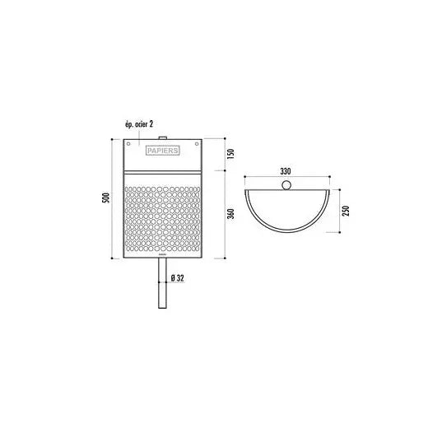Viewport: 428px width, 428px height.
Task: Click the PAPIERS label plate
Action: pos(162,151)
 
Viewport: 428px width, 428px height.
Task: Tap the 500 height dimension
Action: pos(106,198)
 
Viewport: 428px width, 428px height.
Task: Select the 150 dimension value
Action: pos(231,154)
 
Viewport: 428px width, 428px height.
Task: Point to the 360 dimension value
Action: pos(231,214)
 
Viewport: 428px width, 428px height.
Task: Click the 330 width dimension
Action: pos(286,171)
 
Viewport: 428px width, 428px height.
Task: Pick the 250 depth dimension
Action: pos(346,211)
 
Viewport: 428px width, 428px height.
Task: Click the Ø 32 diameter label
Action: pos(178,278)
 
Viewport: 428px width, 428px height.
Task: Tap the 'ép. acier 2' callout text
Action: pos(139,124)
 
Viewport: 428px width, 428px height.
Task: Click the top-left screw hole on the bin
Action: pos(128,144)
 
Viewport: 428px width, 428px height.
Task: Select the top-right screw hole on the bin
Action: pos(197,144)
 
